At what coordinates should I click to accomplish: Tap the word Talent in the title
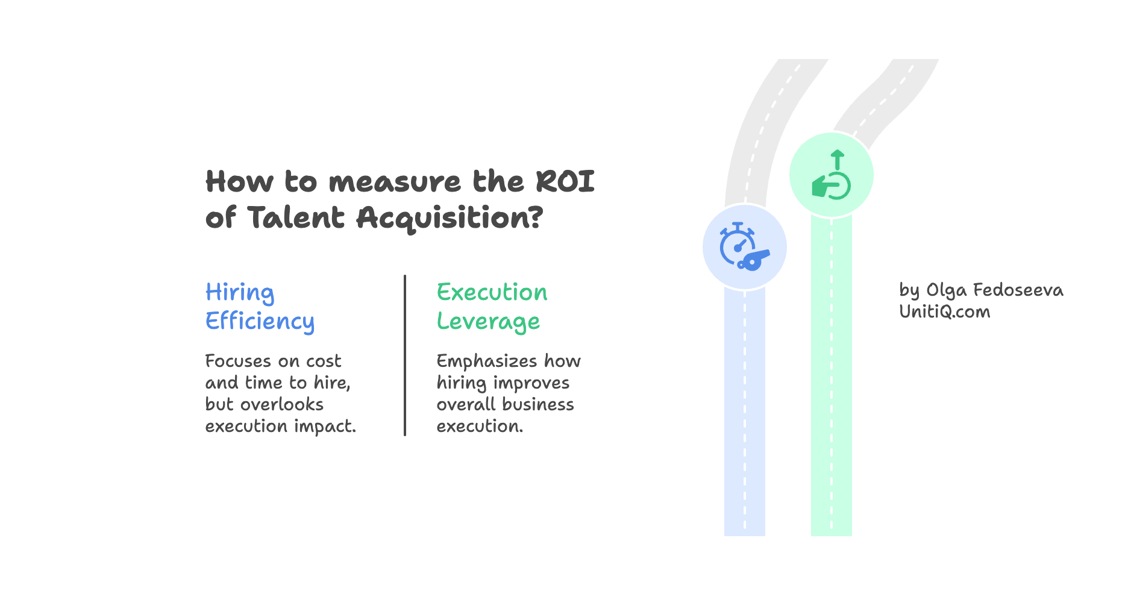click(x=296, y=217)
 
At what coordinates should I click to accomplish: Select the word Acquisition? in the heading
click(x=450, y=218)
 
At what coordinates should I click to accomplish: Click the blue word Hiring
click(x=240, y=293)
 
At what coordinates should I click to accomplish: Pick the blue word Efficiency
click(x=260, y=322)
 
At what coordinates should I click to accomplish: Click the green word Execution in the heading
click(x=492, y=293)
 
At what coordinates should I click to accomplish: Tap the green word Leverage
click(x=488, y=322)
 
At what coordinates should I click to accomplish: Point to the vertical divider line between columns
click(x=405, y=355)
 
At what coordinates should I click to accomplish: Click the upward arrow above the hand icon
click(x=837, y=159)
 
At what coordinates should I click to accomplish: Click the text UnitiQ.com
click(x=944, y=312)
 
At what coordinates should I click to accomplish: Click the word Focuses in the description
click(x=238, y=361)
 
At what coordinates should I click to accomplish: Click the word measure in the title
click(x=395, y=182)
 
